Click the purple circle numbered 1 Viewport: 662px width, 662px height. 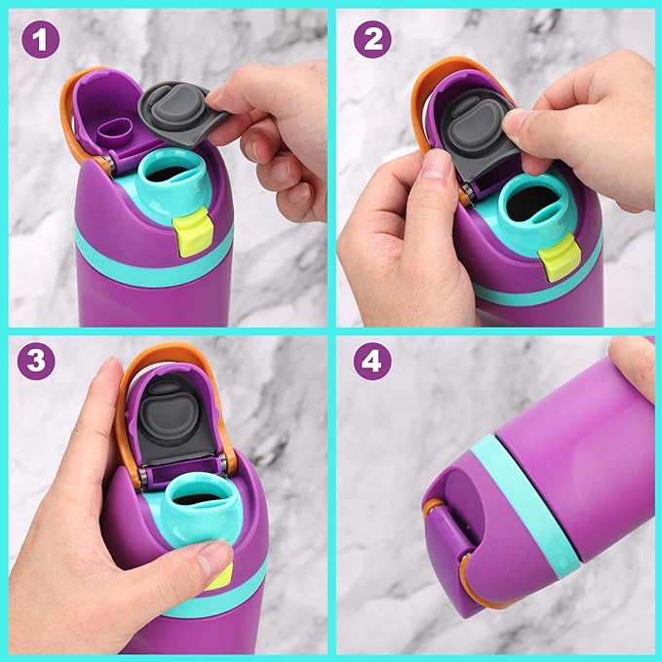(41, 40)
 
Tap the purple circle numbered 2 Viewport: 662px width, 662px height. (372, 39)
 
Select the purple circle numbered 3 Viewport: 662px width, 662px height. (36, 361)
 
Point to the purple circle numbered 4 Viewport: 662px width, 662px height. (372, 361)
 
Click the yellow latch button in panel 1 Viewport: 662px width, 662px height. (192, 232)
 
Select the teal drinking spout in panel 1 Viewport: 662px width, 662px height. (174, 181)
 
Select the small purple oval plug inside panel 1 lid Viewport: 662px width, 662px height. (114, 132)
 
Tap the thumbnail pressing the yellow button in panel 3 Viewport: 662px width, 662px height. (214, 558)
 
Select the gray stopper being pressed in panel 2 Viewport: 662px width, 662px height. (477, 136)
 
